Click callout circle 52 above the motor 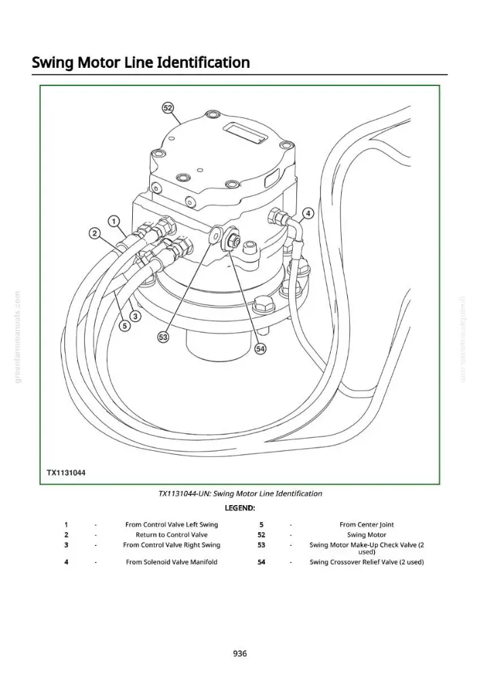(167, 108)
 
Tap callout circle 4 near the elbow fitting (308, 214)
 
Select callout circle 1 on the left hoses (114, 222)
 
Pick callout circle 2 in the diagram (94, 234)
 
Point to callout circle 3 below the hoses (136, 317)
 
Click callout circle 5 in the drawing (125, 326)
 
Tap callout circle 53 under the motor (163, 338)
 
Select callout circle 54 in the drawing (260, 348)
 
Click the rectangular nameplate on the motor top (245, 132)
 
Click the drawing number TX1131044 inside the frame (66, 473)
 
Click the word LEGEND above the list (240, 508)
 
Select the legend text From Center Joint (367, 525)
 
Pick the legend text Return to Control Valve (172, 535)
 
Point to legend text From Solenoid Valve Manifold (172, 562)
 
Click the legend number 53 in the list (261, 545)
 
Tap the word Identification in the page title (203, 62)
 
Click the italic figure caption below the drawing (240, 494)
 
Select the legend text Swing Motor (367, 535)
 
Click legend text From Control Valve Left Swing (172, 525)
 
